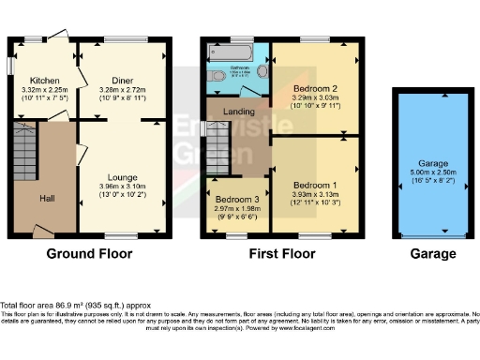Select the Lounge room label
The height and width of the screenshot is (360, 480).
pos(123,177)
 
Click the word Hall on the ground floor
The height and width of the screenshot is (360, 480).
pos(47,198)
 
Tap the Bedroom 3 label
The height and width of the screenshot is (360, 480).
pos(235,200)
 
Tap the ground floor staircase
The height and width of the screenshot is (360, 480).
pos(24,150)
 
